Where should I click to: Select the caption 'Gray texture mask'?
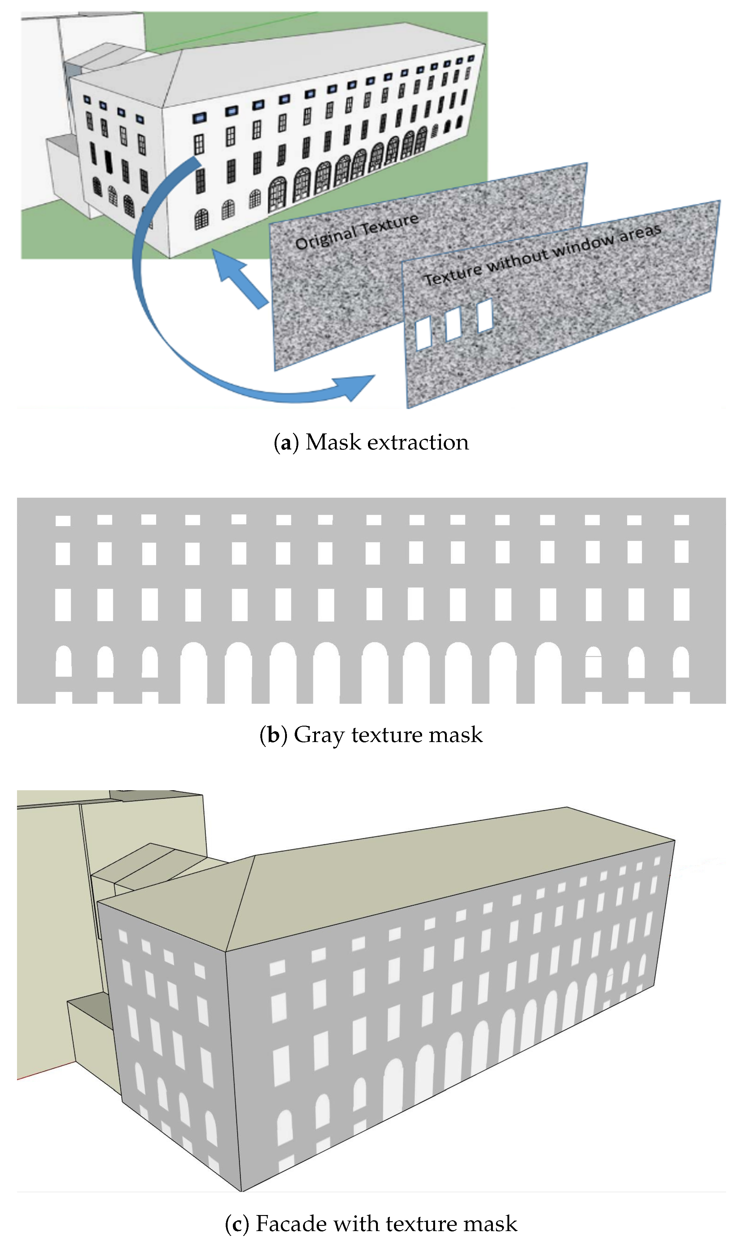point(388,734)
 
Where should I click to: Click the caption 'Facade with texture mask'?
point(386,1223)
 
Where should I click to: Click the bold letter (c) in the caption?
point(237,1224)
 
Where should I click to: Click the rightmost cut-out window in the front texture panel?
point(485,315)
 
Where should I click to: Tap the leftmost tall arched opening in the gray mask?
point(194,673)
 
